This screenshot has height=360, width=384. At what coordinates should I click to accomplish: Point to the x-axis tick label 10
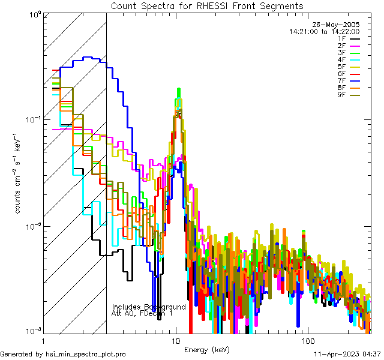click(175, 340)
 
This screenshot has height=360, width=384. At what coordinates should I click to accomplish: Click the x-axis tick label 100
click(307, 340)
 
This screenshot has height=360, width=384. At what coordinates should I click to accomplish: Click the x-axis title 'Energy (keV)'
click(206, 349)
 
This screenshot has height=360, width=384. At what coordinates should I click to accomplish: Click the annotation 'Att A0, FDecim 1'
click(142, 313)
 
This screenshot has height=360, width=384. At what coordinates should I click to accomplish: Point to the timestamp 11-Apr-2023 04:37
click(347, 354)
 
